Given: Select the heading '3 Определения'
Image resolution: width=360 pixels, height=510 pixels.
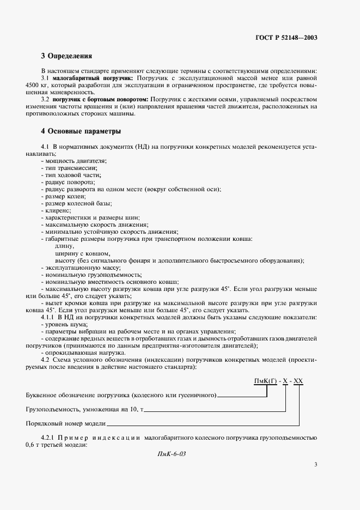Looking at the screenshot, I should coord(66,56).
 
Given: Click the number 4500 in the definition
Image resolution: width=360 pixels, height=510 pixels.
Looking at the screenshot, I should coord(34,86).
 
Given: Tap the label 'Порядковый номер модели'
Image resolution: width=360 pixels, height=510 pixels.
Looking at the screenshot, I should coord(65,423).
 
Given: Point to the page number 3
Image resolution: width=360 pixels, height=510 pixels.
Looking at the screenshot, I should coord(315,465).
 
